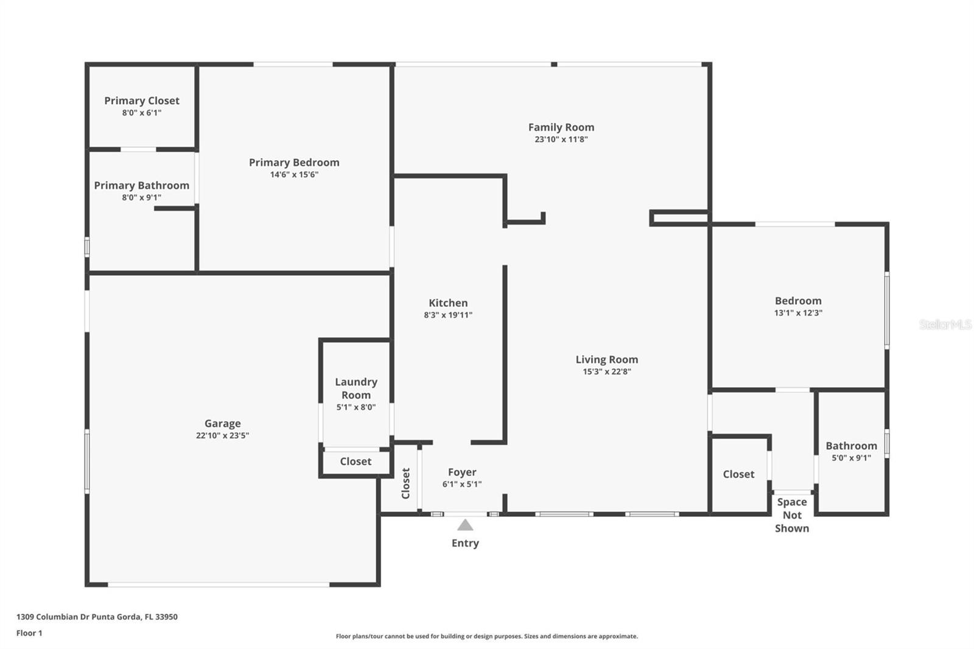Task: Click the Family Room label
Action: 561,127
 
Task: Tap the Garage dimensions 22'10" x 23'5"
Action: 222,435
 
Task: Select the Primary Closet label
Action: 141,100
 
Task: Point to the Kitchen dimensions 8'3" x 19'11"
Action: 448,315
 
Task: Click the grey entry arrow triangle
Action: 465,525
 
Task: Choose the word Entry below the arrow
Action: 465,543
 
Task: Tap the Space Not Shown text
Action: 792,515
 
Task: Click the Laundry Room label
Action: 356,388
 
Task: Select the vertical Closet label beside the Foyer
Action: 406,483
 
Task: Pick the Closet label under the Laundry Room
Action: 356,461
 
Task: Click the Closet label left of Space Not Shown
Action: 738,474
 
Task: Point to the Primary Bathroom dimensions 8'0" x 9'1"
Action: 141,197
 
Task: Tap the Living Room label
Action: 606,360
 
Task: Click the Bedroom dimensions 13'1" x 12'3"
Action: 798,313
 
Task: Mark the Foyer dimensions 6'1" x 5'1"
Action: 461,484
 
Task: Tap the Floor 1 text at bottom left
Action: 29,633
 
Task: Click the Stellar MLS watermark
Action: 945,324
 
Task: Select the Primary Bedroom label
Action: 294,163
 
